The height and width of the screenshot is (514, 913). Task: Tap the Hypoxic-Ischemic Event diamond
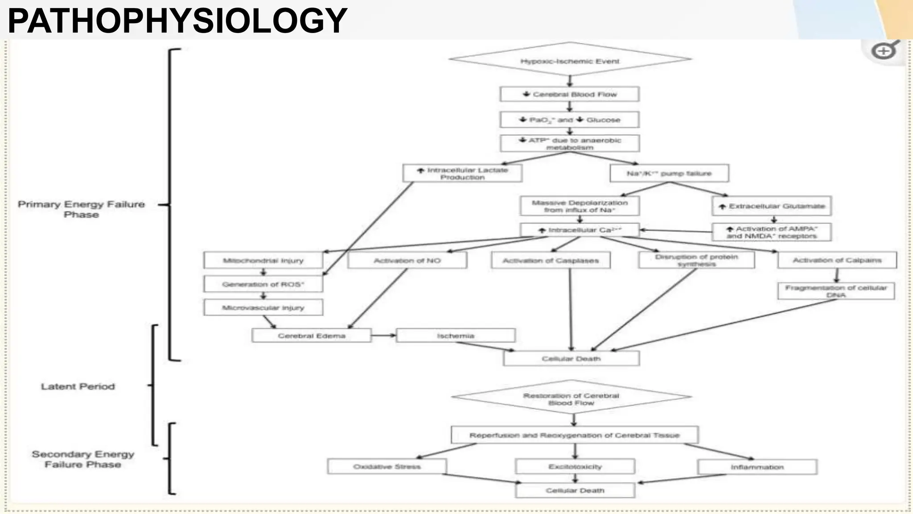570,60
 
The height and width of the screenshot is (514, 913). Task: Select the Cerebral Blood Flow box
570,94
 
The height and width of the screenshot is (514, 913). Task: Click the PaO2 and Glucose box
570,120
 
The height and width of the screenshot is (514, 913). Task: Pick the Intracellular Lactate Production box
462,173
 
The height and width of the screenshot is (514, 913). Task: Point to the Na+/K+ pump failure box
669,173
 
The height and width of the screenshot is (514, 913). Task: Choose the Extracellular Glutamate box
772,206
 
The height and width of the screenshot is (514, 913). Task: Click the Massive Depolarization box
580,206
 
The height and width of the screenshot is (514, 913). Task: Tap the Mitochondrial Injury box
263,261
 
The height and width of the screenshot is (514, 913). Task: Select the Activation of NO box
407,261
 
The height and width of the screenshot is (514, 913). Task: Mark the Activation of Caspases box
551,261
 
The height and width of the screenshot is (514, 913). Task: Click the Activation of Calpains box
837,260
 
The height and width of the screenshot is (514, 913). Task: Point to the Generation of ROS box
263,284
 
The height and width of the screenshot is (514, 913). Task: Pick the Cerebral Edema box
311,336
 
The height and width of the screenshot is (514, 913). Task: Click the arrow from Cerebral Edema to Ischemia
383,336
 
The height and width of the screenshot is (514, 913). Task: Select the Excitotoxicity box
575,467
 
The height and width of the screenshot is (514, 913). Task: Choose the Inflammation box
757,467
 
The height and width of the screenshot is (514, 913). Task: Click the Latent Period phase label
78,386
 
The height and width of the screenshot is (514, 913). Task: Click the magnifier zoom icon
884,51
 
